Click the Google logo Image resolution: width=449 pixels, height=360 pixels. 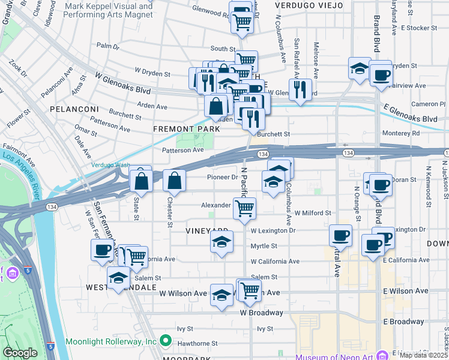pos(20,353)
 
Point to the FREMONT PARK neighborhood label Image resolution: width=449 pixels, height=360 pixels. pos(186,129)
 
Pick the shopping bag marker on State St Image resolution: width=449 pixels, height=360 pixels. pos(140,180)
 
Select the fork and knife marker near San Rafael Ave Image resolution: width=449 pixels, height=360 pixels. pos(300,89)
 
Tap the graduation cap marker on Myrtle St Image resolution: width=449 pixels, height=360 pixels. pos(221,242)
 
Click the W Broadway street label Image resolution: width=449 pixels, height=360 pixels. pos(261,313)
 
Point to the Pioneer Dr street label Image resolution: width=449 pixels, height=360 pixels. pos(222,178)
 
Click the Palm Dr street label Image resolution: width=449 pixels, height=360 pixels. pos(108,46)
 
